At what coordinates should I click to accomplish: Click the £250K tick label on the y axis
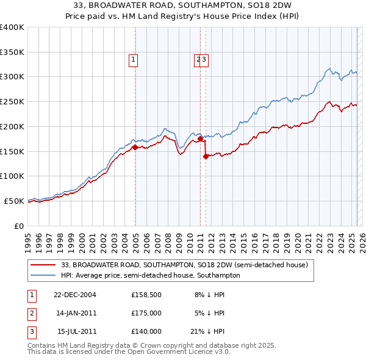pyautogui.click(x=12, y=101)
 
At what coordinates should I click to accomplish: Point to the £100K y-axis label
pyautogui.click(x=12, y=176)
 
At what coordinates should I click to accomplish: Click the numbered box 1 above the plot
pyautogui.click(x=133, y=59)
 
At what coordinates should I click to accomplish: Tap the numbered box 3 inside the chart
pyautogui.click(x=205, y=59)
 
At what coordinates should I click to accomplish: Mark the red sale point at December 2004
pyautogui.click(x=135, y=146)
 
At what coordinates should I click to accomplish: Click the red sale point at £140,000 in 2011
pyautogui.click(x=206, y=156)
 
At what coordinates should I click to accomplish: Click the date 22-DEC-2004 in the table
pyautogui.click(x=75, y=294)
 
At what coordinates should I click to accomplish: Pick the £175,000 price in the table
pyautogui.click(x=146, y=313)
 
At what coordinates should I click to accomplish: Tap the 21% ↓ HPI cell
pyautogui.click(x=207, y=331)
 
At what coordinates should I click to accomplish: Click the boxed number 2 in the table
pyautogui.click(x=30, y=313)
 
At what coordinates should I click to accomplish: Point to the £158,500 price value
pyautogui.click(x=146, y=294)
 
